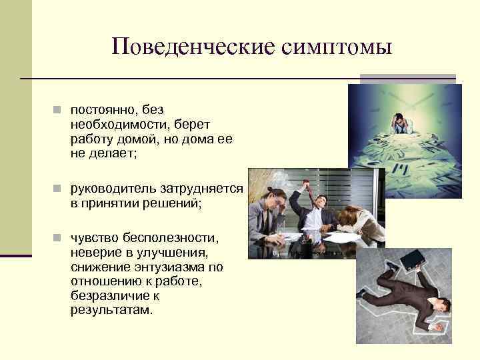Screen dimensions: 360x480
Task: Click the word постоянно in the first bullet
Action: point(101,109)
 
